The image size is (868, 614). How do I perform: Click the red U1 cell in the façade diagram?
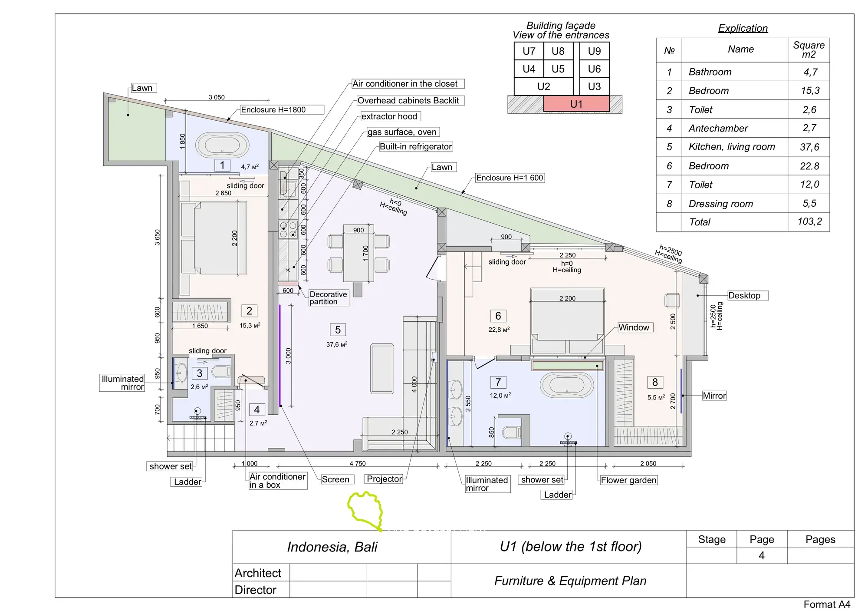click(x=576, y=104)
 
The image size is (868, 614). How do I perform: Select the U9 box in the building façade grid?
click(x=594, y=51)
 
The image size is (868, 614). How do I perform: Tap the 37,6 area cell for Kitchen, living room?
click(x=809, y=147)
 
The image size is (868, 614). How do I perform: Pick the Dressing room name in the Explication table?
click(x=720, y=204)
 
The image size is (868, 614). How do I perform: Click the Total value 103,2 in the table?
click(x=809, y=221)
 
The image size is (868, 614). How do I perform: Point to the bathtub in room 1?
click(x=222, y=145)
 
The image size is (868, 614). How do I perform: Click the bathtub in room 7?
click(x=567, y=385)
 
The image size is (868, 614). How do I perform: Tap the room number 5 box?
click(x=338, y=330)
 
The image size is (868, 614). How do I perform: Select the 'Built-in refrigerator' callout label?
click(x=416, y=147)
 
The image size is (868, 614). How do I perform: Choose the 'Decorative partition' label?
click(x=329, y=298)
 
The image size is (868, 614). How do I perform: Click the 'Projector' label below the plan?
click(x=385, y=479)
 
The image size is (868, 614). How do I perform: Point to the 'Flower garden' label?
click(x=628, y=480)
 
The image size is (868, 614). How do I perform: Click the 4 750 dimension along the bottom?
click(x=358, y=464)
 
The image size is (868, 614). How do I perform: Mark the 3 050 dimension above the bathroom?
click(x=217, y=97)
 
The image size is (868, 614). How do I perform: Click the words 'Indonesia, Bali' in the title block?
click(x=332, y=547)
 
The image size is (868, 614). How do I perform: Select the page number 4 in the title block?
click(x=762, y=556)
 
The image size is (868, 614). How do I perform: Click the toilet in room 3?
click(x=221, y=372)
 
